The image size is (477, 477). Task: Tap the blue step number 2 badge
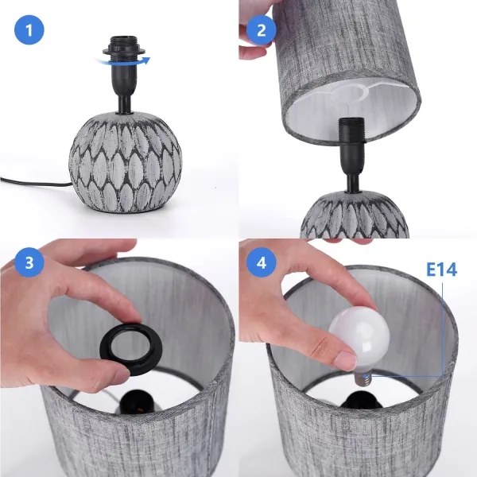tap(260, 31)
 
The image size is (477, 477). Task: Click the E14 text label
tap(441, 270)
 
